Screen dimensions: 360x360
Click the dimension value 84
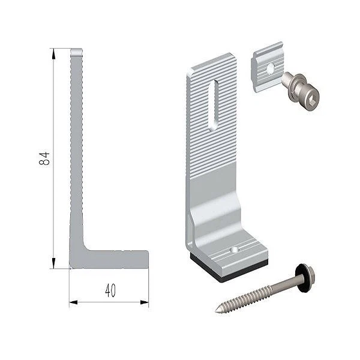click(44, 158)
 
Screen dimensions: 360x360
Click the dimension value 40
click(110, 290)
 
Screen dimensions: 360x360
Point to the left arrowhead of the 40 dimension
click(73, 302)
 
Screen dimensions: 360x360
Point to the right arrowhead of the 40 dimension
click(145, 302)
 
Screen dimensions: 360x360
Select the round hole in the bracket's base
click(235, 250)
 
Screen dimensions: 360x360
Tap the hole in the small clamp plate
click(271, 68)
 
